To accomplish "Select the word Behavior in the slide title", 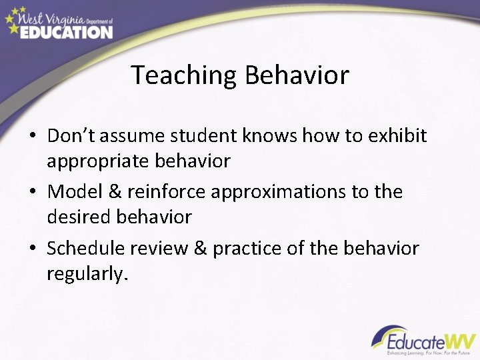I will point(297,75).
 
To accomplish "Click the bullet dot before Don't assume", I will point(32,137).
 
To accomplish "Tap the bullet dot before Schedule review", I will point(32,249).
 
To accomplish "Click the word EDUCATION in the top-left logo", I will point(66,31).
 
